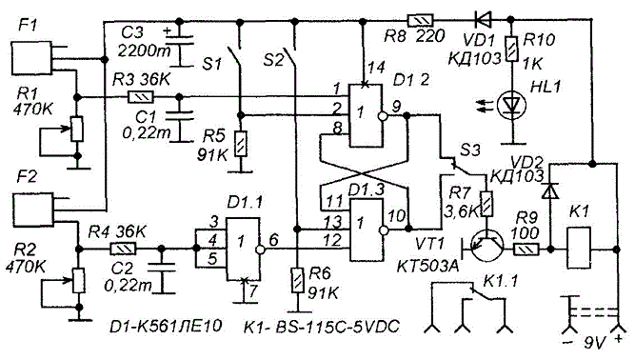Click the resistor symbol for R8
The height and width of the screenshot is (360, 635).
[420, 19]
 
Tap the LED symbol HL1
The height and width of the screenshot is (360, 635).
[511, 106]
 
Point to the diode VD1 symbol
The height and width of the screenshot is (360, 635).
[483, 19]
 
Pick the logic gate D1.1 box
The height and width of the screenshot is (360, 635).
[242, 249]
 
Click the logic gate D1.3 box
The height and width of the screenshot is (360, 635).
[367, 230]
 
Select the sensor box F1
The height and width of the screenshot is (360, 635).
[31, 59]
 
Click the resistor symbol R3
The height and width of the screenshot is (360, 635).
[140, 97]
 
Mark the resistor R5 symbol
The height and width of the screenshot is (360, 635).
[241, 144]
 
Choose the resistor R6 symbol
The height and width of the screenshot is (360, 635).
[298, 280]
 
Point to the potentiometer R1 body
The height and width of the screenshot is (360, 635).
[77, 130]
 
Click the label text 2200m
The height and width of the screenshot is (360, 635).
[144, 51]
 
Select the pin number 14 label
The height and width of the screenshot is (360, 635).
[376, 68]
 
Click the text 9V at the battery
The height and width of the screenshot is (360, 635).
[594, 343]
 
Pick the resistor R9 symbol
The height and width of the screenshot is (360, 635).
[526, 249]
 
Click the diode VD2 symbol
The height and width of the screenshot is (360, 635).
[550, 190]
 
